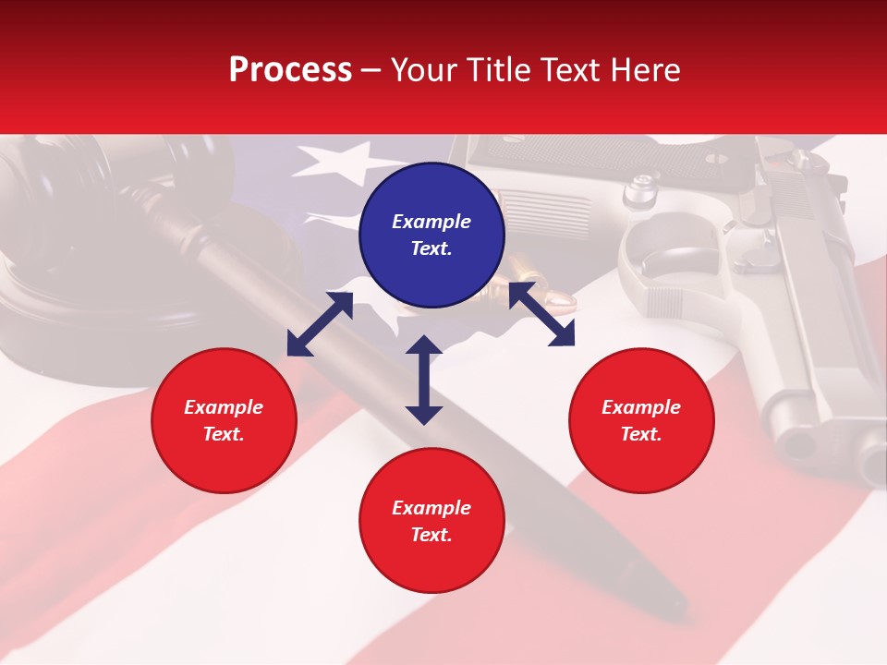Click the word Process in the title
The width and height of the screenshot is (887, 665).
(x=290, y=70)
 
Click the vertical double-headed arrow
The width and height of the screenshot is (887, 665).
(x=424, y=380)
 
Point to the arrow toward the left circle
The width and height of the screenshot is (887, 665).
(x=320, y=323)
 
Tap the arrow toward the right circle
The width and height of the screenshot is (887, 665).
(x=541, y=314)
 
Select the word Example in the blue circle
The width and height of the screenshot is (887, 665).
(x=431, y=222)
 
